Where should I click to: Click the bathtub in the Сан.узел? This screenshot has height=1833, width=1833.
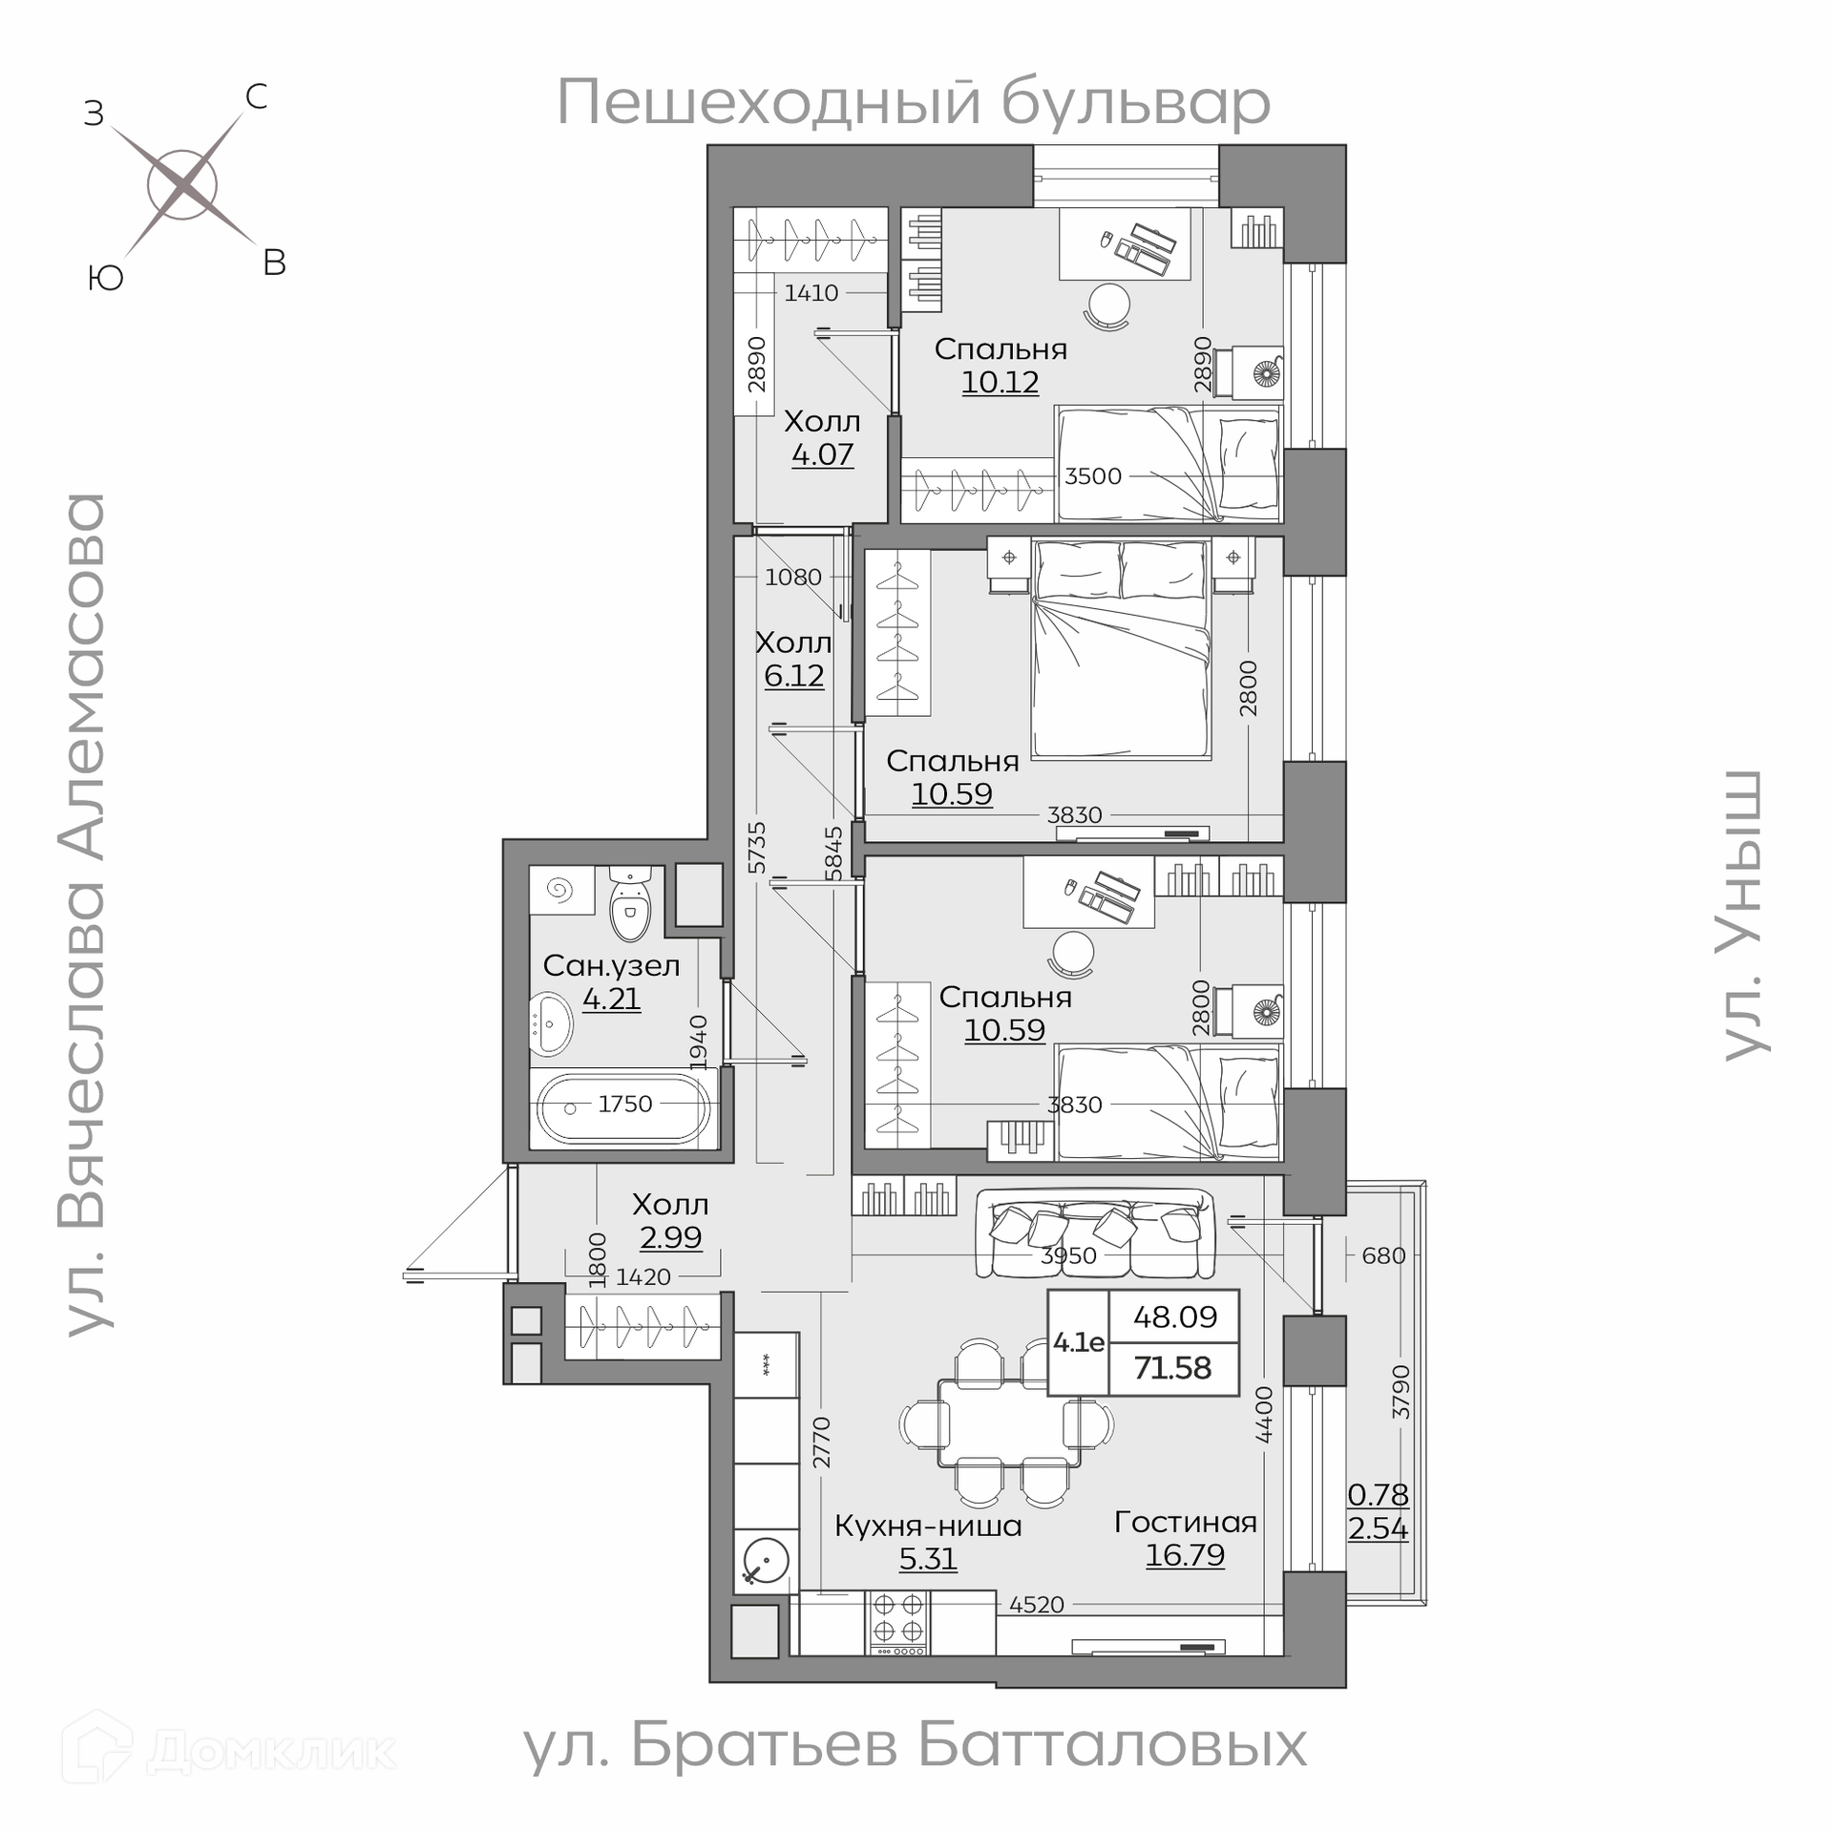(623, 1107)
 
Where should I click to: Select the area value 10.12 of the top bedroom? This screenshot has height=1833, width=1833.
(1000, 382)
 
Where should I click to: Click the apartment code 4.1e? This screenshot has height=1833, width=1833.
(1079, 1342)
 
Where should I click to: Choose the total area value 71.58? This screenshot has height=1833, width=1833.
(1172, 1368)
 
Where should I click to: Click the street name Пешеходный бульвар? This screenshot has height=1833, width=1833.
(914, 102)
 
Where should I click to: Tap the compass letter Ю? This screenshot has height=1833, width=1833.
(105, 278)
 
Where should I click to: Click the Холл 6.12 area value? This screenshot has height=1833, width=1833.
(793, 676)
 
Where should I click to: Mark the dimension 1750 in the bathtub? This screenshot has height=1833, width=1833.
(625, 1104)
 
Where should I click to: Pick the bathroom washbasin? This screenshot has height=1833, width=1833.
(551, 1023)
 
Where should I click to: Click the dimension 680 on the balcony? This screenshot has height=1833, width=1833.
(1383, 1255)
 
